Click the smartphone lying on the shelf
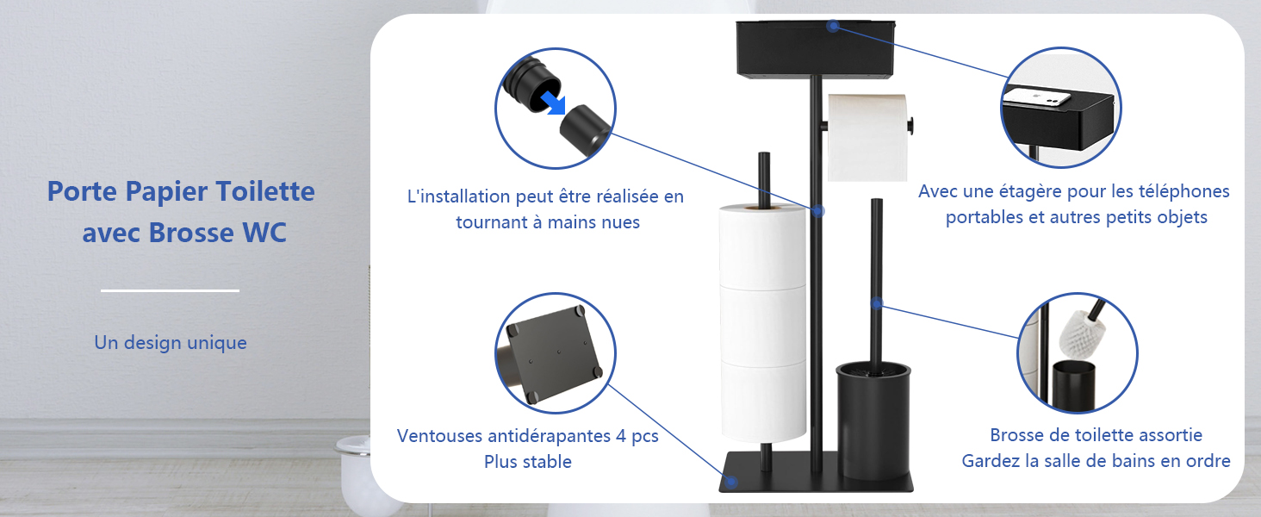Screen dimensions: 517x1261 (1040, 97)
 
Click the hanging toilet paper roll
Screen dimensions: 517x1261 (867, 138)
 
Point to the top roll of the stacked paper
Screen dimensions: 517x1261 (763, 246)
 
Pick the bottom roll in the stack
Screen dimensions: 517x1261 (763, 401)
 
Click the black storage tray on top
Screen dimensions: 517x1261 (816, 49)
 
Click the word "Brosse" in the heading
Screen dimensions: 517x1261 (195, 234)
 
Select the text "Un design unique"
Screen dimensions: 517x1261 (171, 343)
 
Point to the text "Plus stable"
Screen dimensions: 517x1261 (527, 462)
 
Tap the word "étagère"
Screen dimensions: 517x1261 (1024, 191)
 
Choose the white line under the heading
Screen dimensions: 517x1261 (170, 291)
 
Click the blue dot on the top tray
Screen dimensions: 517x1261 (833, 26)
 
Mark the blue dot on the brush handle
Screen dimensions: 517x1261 (877, 303)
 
